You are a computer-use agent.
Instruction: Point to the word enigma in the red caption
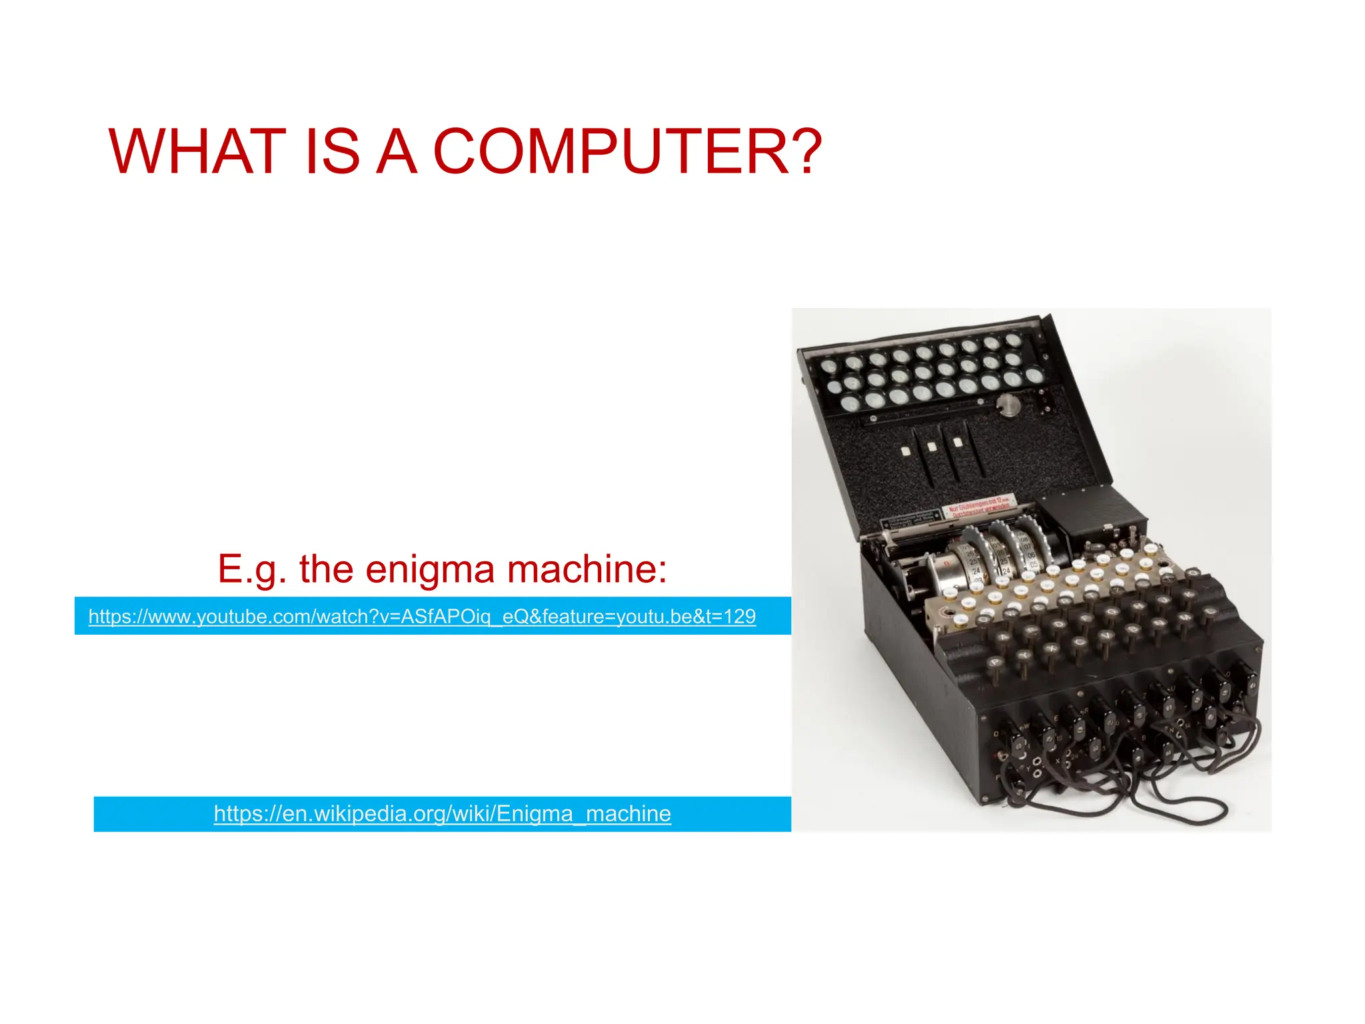pos(430,569)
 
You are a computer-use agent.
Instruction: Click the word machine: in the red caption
pos(587,569)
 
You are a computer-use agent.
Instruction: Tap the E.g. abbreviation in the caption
pos(252,569)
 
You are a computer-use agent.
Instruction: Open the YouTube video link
pos(422,616)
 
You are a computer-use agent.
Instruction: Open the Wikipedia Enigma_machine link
pos(442,813)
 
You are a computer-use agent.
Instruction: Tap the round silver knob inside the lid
pos(1008,404)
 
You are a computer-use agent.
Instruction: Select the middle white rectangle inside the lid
pos(932,447)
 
